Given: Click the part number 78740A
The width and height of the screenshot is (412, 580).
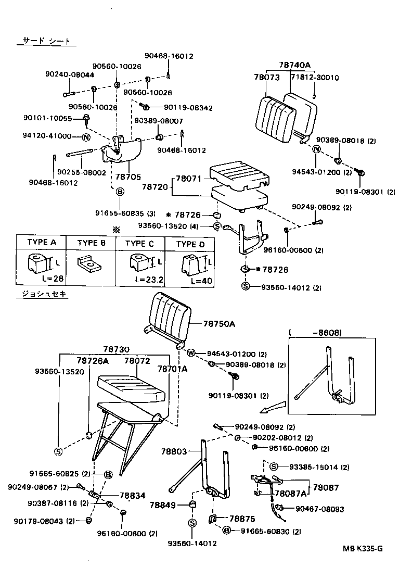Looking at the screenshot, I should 294,65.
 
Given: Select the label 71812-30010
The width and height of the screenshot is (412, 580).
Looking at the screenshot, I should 314,78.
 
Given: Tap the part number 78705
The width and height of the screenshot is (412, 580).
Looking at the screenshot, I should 125,176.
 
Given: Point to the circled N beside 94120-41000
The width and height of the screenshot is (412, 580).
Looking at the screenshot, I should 86,137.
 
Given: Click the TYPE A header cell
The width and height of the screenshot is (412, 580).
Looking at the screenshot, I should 39,243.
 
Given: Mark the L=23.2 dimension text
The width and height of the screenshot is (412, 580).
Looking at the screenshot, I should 149,279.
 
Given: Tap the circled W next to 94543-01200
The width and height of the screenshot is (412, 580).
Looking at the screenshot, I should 190,353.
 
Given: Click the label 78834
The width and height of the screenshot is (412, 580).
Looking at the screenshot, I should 133,496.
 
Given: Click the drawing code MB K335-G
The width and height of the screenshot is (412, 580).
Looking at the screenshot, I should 363,548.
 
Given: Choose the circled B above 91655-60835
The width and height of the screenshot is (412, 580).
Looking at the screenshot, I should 120,192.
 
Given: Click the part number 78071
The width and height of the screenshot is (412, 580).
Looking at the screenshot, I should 190,179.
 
